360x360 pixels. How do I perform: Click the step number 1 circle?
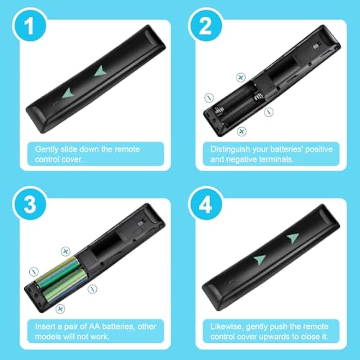(29, 25)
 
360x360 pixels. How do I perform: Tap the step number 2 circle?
(205, 25)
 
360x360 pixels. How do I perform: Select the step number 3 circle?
(29, 204)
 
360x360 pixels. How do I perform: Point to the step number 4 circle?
(205, 204)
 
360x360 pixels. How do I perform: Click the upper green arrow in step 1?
(101, 71)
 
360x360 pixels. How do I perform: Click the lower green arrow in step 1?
(69, 93)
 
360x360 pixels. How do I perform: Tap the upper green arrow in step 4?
(293, 238)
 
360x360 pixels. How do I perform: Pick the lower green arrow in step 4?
(260, 259)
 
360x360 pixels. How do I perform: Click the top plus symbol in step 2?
(241, 77)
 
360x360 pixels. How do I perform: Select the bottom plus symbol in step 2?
(241, 131)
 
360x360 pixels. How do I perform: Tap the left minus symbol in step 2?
(209, 98)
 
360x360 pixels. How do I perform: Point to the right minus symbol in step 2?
(269, 112)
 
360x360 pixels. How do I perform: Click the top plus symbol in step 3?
(65, 252)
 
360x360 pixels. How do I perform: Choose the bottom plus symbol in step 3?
(60, 309)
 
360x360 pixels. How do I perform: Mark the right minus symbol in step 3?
(92, 289)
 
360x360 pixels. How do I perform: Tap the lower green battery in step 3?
(64, 286)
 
